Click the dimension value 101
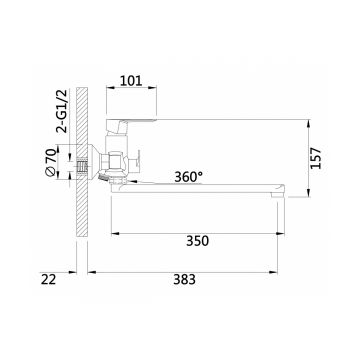pyautogui.click(x=131, y=81)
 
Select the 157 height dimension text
pyautogui.click(x=316, y=158)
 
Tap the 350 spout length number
pyautogui.click(x=197, y=241)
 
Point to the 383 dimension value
pyautogui.click(x=184, y=280)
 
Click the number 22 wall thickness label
pyautogui.click(x=49, y=279)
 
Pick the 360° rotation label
pyautogui.click(x=188, y=177)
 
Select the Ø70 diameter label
pyautogui.click(x=50, y=162)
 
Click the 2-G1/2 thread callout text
pyautogui.click(x=62, y=111)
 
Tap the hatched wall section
pyautogui.click(x=82, y=162)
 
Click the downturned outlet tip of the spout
pyautogui.click(x=278, y=195)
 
